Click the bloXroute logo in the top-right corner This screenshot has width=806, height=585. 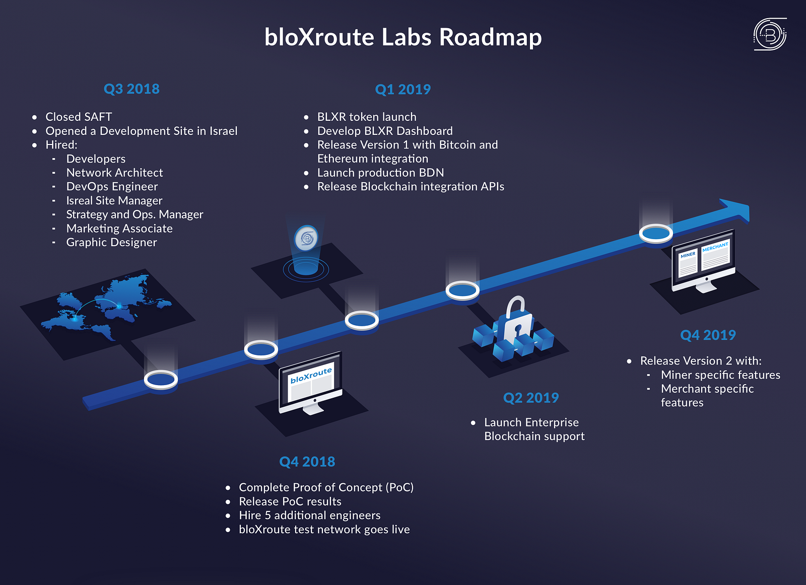[770, 34]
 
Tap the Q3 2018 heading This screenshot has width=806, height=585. [131, 89]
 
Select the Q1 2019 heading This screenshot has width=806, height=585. [402, 89]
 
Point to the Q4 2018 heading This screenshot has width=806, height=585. [307, 462]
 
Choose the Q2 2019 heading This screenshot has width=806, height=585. [531, 398]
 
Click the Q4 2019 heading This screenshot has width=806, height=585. [708, 335]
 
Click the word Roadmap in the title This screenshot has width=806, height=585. [491, 37]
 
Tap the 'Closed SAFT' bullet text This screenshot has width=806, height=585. [79, 117]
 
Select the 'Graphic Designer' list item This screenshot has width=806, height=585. [111, 242]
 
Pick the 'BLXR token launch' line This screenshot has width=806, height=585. [367, 117]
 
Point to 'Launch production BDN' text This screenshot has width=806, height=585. [380, 173]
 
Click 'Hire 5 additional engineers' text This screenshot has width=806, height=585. [309, 515]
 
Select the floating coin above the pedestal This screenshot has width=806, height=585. [306, 238]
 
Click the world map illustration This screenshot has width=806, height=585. [107, 307]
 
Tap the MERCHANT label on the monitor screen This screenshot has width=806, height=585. [715, 247]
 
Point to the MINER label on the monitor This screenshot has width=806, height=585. [688, 255]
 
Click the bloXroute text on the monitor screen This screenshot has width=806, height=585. [311, 375]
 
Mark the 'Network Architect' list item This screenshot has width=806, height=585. [114, 173]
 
